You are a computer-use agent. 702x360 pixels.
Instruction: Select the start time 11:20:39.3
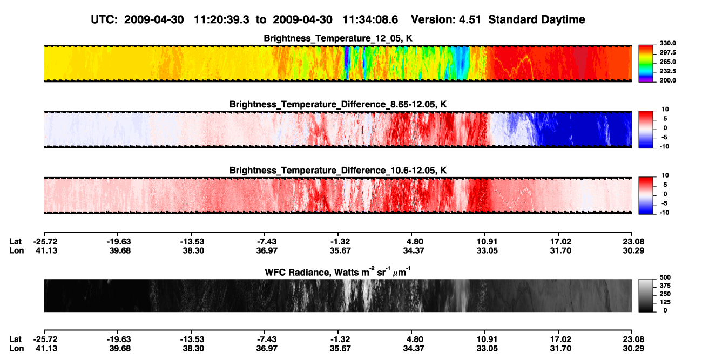pyautogui.click(x=221, y=19)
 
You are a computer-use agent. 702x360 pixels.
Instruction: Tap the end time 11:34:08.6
pyautogui.click(x=370, y=19)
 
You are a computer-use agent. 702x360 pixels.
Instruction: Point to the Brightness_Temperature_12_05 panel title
pyautogui.click(x=338, y=38)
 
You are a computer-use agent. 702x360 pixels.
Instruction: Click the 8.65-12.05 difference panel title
pyautogui.click(x=338, y=104)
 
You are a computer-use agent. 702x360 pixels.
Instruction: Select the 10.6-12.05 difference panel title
pyautogui.click(x=338, y=171)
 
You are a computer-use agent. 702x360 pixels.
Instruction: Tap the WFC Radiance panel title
pyautogui.click(x=338, y=271)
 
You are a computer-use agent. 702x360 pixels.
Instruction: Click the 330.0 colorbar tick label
pyautogui.click(x=667, y=43)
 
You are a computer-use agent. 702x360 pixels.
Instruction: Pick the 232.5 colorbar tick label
pyautogui.click(x=667, y=71)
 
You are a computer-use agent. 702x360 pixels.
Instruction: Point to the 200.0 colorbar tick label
pyautogui.click(x=667, y=80)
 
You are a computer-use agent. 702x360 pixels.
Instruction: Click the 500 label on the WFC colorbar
pyautogui.click(x=665, y=277)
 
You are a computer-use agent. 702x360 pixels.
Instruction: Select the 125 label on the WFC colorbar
pyautogui.click(x=665, y=302)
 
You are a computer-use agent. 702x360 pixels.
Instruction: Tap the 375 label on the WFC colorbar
pyautogui.click(x=665, y=286)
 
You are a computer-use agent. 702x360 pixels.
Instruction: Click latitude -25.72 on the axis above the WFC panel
pyautogui.click(x=45, y=242)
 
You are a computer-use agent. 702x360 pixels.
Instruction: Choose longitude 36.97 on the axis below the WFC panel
pyautogui.click(x=267, y=349)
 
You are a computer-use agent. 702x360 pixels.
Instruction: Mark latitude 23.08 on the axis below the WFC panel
pyautogui.click(x=633, y=339)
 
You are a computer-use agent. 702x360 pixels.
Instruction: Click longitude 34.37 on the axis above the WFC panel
pyautogui.click(x=414, y=250)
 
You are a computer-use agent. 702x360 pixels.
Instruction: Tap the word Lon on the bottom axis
pyautogui.click(x=16, y=349)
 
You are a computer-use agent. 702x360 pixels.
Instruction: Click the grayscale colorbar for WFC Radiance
pyautogui.click(x=646, y=295)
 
